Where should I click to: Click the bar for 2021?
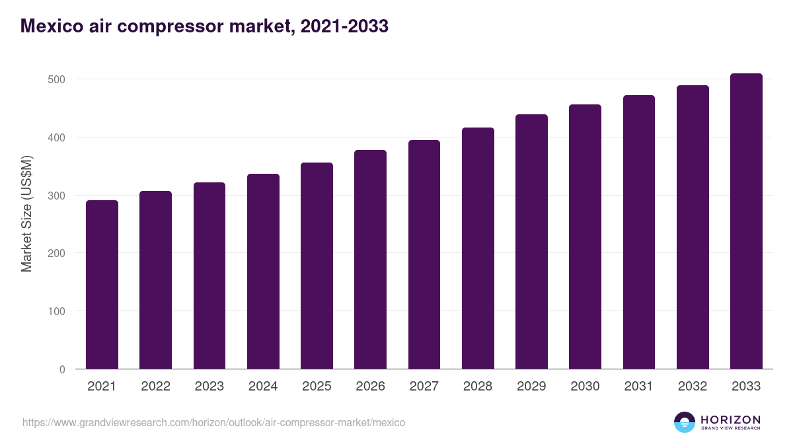[102, 284]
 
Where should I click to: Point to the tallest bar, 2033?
[746, 221]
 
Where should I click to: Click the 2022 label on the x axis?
[155, 387]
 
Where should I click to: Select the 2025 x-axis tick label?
[317, 387]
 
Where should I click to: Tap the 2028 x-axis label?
[478, 387]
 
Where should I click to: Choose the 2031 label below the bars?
[639, 387]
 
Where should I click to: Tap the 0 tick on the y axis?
[62, 369]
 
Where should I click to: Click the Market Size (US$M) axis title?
[26, 213]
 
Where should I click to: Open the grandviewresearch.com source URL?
[213, 422]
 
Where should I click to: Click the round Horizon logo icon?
[685, 422]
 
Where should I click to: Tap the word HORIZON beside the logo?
[730, 419]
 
